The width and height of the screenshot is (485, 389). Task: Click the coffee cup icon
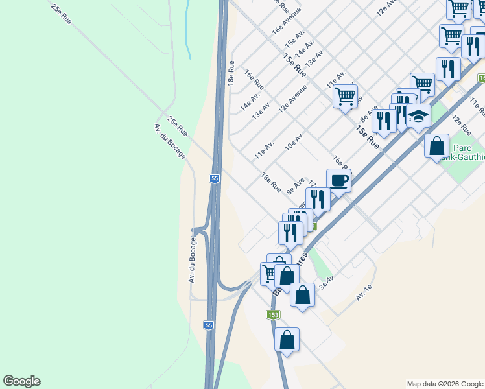point(338,180)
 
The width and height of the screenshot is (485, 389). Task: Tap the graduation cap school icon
point(418,117)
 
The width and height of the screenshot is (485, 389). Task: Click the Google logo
point(21,381)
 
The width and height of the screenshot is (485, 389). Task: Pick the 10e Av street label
point(294,142)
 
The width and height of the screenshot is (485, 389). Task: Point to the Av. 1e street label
point(364,293)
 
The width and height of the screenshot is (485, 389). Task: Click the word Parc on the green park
point(462,146)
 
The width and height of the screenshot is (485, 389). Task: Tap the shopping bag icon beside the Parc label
point(437,145)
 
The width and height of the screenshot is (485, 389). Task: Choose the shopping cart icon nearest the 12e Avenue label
point(345,96)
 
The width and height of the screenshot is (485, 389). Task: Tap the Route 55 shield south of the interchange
point(207,325)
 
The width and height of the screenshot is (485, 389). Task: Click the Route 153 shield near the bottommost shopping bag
point(273,314)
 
